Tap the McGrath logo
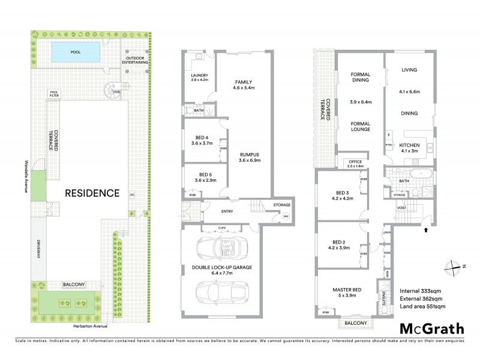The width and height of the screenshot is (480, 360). [431, 328]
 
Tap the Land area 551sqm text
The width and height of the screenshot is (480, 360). [422, 307]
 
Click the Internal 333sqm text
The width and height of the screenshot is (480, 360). [422, 291]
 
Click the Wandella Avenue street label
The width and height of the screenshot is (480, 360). [27, 175]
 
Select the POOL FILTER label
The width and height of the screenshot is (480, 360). [55, 94]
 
